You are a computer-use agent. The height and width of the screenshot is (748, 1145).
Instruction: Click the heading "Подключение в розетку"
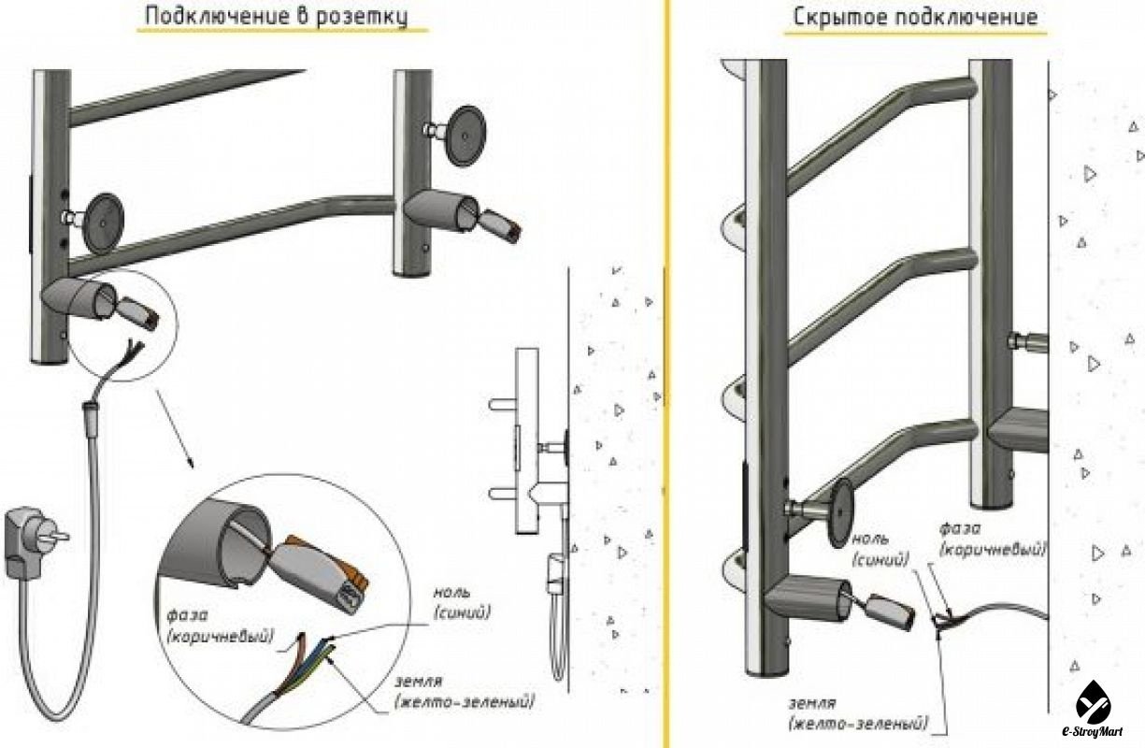pyautogui.click(x=277, y=16)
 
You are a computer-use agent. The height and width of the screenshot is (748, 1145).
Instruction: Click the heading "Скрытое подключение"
pyautogui.click(x=915, y=17)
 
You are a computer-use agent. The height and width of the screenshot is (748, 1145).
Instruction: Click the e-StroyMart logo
pyautogui.click(x=1093, y=709)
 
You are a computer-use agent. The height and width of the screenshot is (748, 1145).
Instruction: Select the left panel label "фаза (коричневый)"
pyautogui.click(x=220, y=626)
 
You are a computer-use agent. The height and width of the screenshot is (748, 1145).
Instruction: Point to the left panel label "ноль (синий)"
pyautogui.click(x=462, y=602)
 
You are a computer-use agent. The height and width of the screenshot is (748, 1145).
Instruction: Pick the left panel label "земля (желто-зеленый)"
pyautogui.click(x=465, y=692)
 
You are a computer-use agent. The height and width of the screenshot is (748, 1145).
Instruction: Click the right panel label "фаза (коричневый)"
pyautogui.click(x=992, y=539)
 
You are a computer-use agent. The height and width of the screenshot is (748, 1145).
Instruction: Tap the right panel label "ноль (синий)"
pyautogui.click(x=880, y=550)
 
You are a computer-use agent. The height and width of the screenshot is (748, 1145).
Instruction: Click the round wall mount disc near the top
pyautogui.click(x=465, y=136)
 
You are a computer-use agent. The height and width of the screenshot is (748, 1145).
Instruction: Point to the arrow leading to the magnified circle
pyautogui.click(x=174, y=429)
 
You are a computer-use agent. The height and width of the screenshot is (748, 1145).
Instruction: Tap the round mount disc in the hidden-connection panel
pyautogui.click(x=840, y=514)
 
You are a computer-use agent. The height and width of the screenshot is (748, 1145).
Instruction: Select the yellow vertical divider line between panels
pyautogui.click(x=666, y=374)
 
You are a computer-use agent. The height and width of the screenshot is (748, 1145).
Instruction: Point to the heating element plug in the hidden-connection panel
pyautogui.click(x=891, y=611)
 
